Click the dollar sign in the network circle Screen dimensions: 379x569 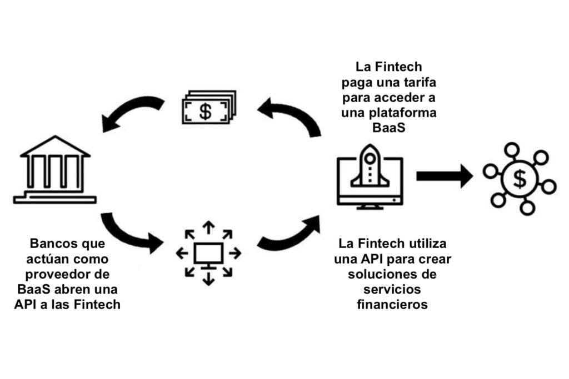pos(520,179)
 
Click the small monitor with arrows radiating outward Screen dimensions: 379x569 pos(208,254)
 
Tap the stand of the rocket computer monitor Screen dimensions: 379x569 pos(370,206)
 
